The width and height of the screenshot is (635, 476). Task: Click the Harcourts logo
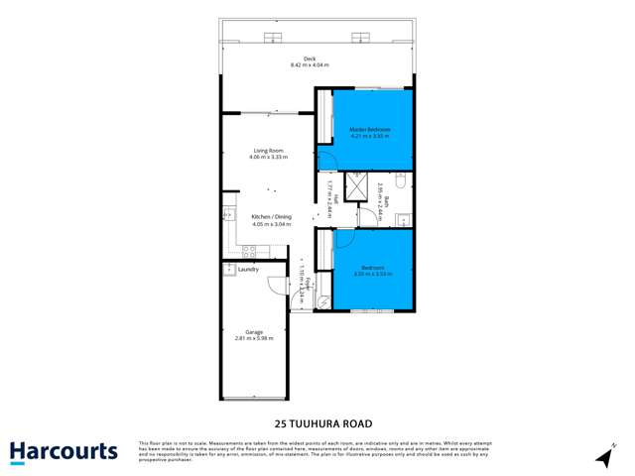pyautogui.click(x=63, y=452)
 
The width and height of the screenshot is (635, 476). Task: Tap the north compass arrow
pyautogui.click(x=602, y=457)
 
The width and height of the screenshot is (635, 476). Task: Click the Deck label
pyautogui.click(x=310, y=59)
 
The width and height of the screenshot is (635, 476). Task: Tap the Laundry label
pyautogui.click(x=249, y=269)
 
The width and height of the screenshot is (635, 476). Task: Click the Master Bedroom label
pyautogui.click(x=369, y=130)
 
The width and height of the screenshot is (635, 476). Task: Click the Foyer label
pyautogui.click(x=309, y=283)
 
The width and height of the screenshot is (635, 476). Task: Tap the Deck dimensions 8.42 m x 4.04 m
pyautogui.click(x=310, y=66)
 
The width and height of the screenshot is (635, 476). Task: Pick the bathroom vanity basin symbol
pyautogui.click(x=405, y=218)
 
